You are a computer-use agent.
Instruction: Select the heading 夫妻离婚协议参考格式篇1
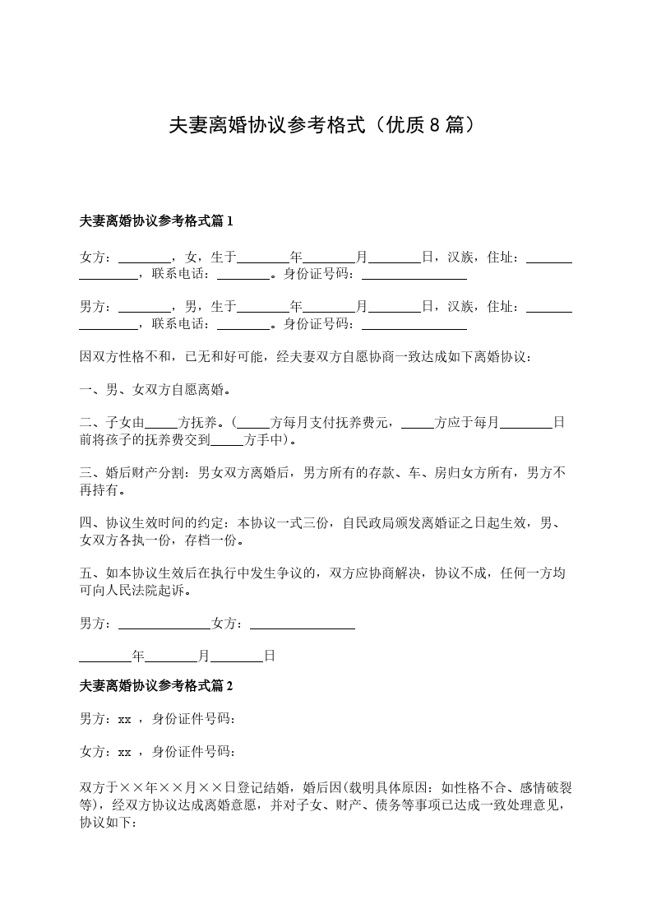[x=156, y=221]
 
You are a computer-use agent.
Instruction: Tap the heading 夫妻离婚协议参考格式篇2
[x=156, y=685]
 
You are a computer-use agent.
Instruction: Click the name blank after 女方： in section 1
[x=145, y=257]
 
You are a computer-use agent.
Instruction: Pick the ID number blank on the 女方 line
[x=414, y=275]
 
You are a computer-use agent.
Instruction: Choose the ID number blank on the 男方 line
[x=414, y=324]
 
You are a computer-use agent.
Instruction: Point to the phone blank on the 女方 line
[x=243, y=275]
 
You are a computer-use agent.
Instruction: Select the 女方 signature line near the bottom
[x=302, y=624]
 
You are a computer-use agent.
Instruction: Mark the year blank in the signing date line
[x=105, y=656]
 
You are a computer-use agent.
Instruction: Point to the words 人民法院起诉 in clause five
[x=140, y=591]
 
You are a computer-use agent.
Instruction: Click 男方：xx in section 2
[x=105, y=719]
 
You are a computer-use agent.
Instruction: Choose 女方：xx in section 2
[x=105, y=752]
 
